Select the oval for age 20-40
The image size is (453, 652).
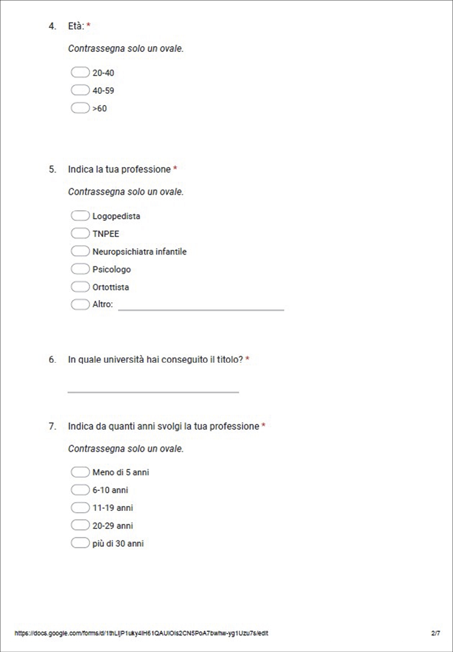click(80, 73)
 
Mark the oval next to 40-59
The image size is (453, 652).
click(80, 90)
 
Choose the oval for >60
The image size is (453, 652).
click(80, 108)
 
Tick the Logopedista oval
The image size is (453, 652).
click(80, 216)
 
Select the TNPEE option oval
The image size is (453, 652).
click(80, 234)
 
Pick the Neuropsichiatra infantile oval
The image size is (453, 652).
click(80, 252)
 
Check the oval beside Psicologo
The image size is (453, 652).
click(80, 269)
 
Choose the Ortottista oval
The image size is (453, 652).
click(80, 287)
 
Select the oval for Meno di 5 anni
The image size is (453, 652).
click(80, 472)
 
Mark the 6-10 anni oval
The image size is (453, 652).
click(80, 490)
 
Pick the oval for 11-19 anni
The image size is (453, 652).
click(80, 507)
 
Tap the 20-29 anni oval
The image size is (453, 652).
click(80, 525)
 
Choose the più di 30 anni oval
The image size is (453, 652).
click(80, 543)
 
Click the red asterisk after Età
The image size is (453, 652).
click(88, 25)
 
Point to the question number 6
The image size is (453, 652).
click(52, 359)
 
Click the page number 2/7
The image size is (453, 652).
click(435, 633)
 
